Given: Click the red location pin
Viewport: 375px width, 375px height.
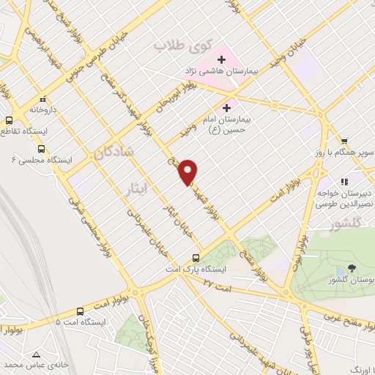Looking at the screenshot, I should coord(188,172).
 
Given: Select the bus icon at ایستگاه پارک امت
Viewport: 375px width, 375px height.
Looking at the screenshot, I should coord(196,257).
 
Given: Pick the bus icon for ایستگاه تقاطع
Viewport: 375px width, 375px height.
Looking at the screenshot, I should coord(10,121).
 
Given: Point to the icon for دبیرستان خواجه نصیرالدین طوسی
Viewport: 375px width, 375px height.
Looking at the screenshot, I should coord(342,181).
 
